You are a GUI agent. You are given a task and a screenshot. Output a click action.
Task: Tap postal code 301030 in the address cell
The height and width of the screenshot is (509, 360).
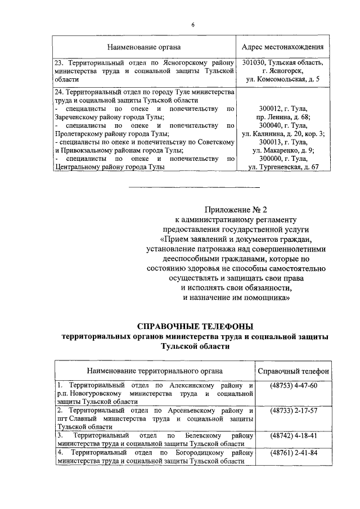[255, 62]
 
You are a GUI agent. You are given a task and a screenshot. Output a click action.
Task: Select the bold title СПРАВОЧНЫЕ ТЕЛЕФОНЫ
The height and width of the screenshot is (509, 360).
[195, 326]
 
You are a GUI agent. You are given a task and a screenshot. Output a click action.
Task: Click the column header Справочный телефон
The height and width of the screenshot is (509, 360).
[294, 371]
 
